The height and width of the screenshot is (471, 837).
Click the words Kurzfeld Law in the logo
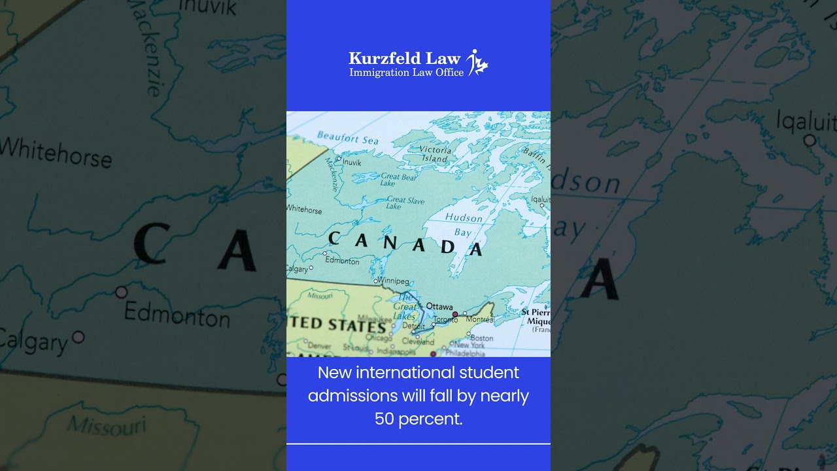[x=404, y=58]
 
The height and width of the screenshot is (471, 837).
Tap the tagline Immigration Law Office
[x=406, y=72]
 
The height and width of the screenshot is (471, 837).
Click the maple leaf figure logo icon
[x=478, y=62]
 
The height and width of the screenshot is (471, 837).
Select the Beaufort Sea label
[x=347, y=138]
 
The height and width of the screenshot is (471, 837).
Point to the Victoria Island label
[x=435, y=154]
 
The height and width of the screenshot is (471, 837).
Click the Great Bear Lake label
[x=398, y=179]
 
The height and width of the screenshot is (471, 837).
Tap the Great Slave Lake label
[x=405, y=203]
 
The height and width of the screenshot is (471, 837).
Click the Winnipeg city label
[x=394, y=281]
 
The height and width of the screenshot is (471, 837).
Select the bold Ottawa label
[x=439, y=306]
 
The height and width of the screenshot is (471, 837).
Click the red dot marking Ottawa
[x=455, y=315]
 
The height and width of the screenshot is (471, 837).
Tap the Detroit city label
[x=409, y=326]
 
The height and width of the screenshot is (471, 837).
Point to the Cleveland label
[x=417, y=341]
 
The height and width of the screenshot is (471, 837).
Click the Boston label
[x=481, y=338]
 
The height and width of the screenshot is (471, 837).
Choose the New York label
[x=469, y=345]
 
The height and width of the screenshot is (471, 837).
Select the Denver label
[x=319, y=346]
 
